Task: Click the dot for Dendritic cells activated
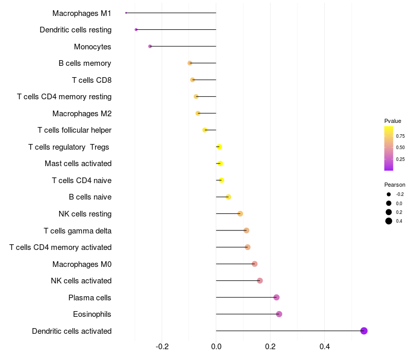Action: [364, 331]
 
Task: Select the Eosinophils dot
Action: [279, 314]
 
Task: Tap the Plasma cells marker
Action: [276, 297]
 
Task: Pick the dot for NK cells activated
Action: [260, 281]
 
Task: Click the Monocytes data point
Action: [150, 46]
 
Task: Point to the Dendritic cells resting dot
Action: [136, 29]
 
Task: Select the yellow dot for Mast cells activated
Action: [220, 164]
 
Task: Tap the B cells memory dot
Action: [190, 63]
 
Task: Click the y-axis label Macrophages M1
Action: [82, 13]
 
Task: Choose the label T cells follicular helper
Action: [74, 130]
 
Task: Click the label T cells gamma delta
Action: [78, 230]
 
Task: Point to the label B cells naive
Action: [90, 197]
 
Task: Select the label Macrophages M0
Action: [82, 264]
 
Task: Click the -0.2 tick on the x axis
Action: [162, 347]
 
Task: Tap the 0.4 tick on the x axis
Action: [325, 347]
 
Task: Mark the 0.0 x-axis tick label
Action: [216, 347]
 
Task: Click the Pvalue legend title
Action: [393, 121]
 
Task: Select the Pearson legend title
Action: [395, 185]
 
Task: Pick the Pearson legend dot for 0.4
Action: [389, 221]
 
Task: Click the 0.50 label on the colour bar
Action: [400, 148]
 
